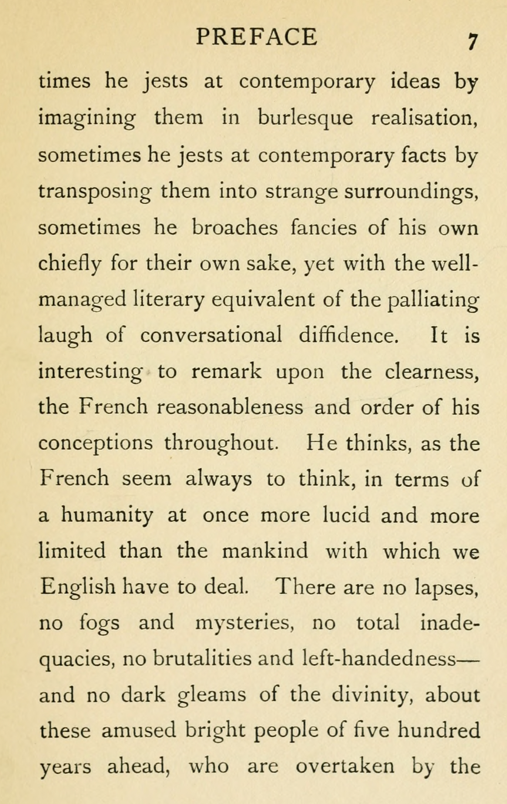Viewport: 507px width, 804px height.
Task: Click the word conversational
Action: pos(211,335)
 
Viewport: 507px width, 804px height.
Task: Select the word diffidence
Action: pos(348,335)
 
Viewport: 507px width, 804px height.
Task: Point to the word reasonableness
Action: pos(230,407)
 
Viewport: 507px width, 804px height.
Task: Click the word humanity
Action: pos(107,516)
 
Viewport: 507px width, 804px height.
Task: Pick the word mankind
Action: pos(265,551)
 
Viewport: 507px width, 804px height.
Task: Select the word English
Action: pos(78,588)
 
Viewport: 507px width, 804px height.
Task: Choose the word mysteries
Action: pos(244,623)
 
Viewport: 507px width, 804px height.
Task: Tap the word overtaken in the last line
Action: pos(345,766)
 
